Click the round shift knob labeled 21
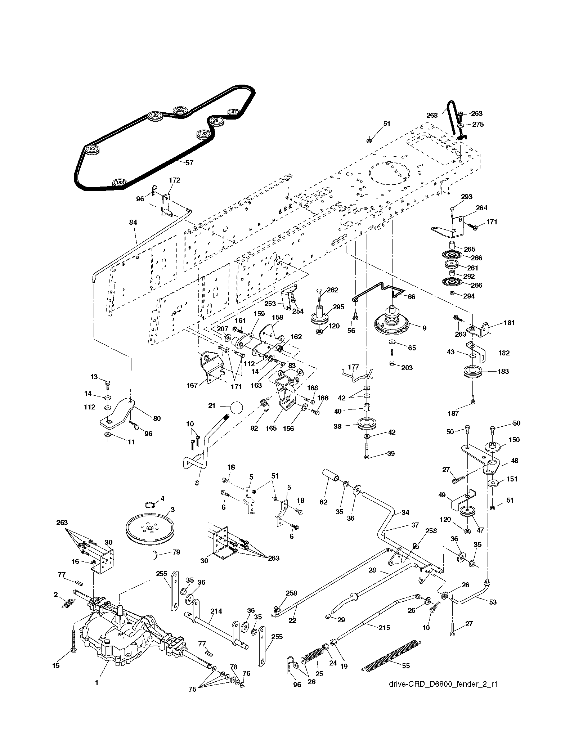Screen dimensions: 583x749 point(236,407)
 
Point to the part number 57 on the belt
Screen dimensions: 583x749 point(189,162)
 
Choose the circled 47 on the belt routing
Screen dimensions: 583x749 point(234,112)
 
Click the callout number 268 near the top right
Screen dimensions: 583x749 point(432,116)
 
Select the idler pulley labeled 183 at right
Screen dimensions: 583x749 point(472,372)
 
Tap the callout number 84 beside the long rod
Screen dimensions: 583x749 point(133,223)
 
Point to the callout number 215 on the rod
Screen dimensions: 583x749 point(384,628)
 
